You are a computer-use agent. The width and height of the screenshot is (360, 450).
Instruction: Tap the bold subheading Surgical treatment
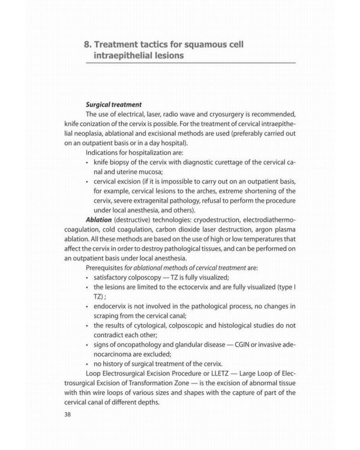[x=113, y=104]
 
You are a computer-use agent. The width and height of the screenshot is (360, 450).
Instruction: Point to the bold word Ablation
[x=99, y=220]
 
